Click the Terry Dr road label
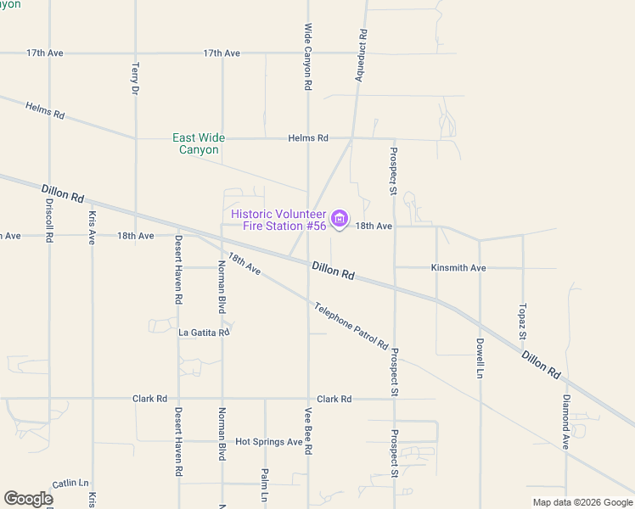point(135,76)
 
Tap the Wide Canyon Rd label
point(308,57)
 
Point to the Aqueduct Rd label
point(361,55)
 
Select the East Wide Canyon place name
point(199,143)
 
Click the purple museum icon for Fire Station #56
point(340,219)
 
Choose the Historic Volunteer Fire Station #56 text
point(278,220)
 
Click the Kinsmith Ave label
point(458,268)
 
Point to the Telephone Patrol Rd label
point(351,327)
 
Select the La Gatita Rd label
point(204,333)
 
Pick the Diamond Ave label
point(566,421)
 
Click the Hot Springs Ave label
point(269,442)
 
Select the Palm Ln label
point(265,484)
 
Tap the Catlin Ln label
point(70,483)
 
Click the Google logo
point(28,500)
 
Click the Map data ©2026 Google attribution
point(582,502)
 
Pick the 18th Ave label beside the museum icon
point(374,227)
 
